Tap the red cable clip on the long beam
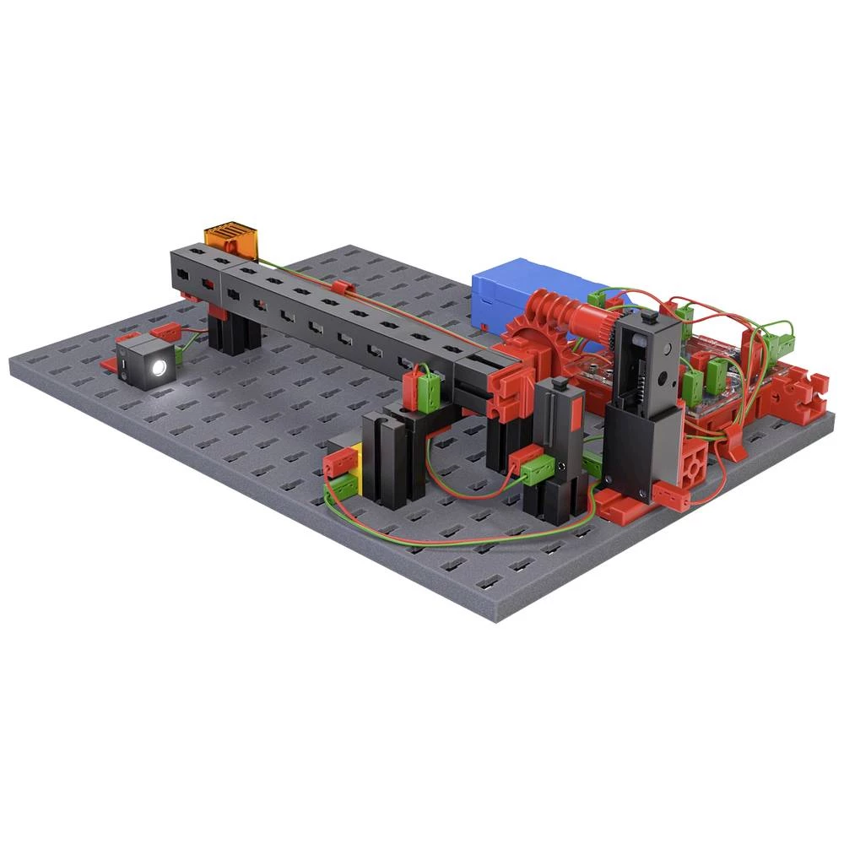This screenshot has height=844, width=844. pyautogui.click(x=340, y=289)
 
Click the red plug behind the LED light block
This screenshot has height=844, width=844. pyautogui.click(x=164, y=331)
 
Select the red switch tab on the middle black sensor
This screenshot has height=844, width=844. pyautogui.click(x=573, y=414)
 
